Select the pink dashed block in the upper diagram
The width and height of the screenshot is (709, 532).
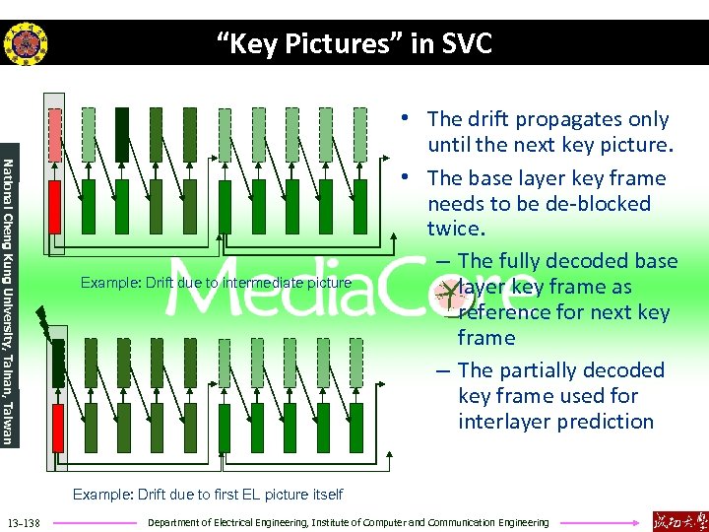coord(55,134)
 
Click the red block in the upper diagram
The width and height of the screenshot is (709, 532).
coord(55,206)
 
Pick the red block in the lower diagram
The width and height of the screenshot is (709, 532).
coord(56,429)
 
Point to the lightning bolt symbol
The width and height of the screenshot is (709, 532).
coord(44,320)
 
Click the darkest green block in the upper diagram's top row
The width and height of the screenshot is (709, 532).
coord(122,134)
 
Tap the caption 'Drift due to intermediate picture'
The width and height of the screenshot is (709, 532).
coord(216,283)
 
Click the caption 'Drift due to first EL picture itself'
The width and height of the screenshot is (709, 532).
coord(208,494)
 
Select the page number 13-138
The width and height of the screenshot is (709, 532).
coord(23,522)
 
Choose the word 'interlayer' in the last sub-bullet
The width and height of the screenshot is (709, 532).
coord(505,422)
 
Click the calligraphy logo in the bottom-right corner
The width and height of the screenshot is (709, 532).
coord(679,520)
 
